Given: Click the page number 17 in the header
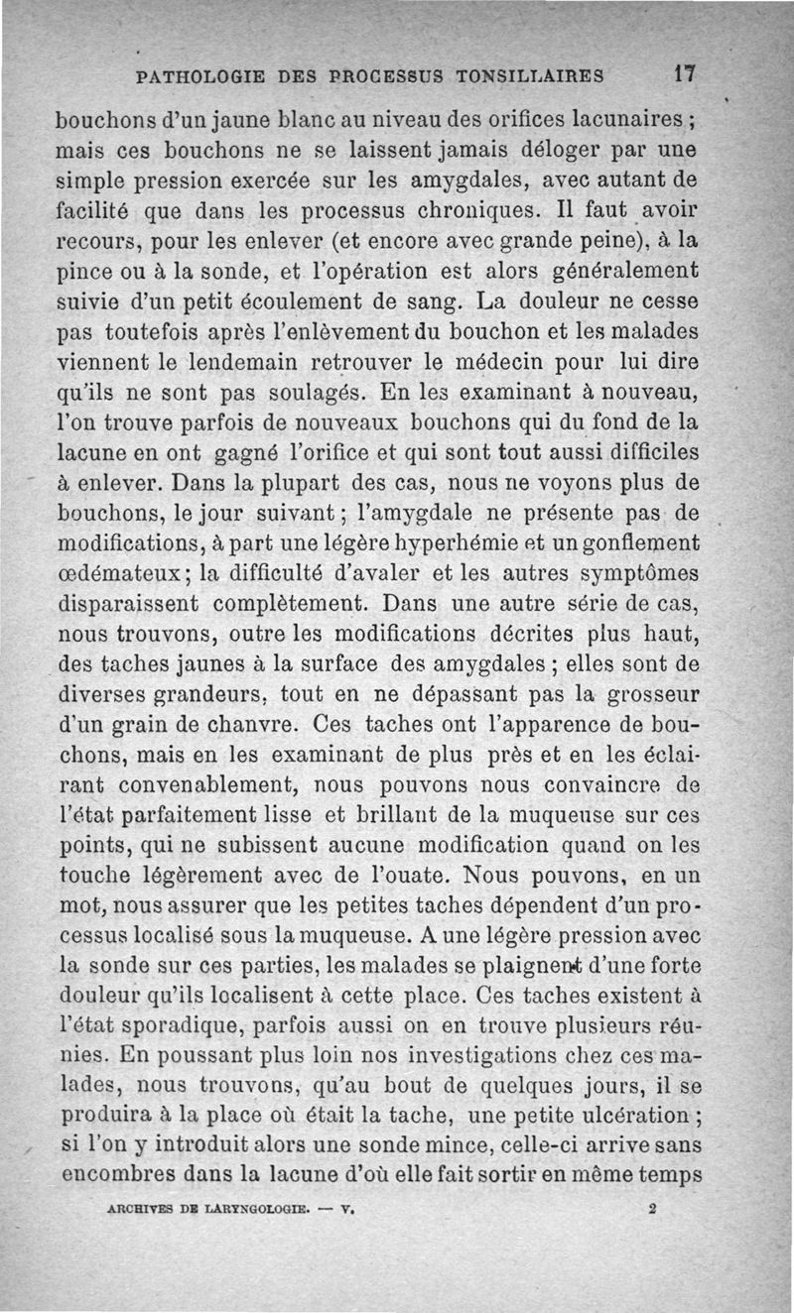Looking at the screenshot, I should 683,74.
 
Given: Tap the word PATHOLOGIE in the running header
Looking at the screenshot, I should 203,75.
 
